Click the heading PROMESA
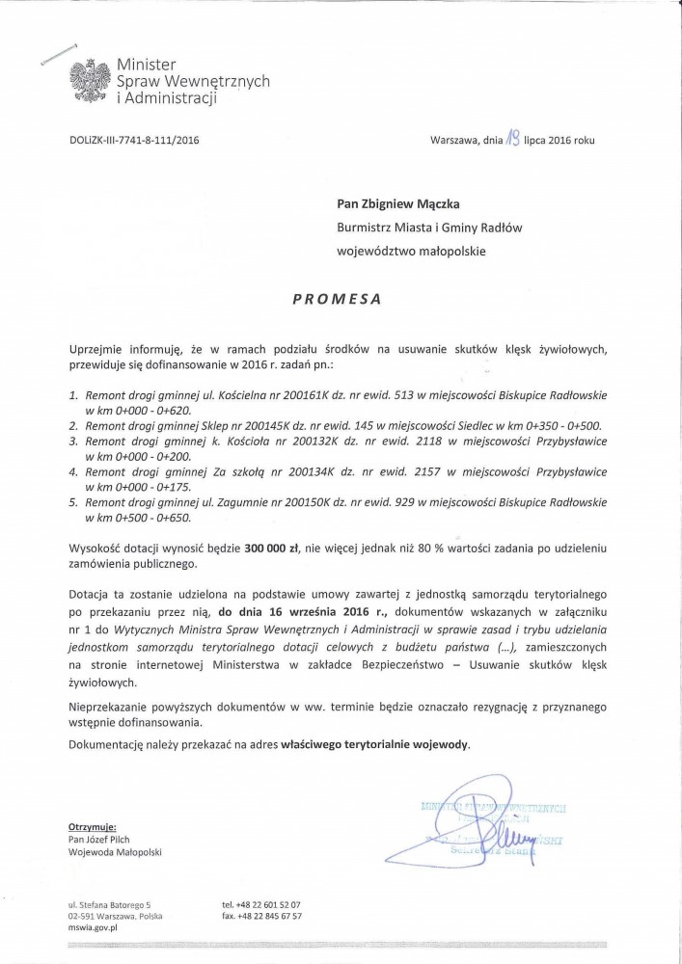coord(337,299)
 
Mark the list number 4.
coord(72,472)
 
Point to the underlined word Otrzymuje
coord(93,826)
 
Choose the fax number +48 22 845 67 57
coord(269,916)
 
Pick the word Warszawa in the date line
coord(453,140)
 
